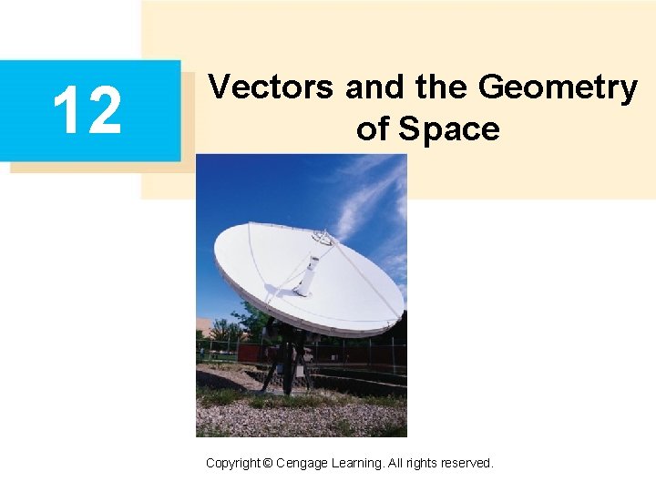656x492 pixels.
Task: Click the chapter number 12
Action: point(87,109)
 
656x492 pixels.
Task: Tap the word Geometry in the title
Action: point(558,89)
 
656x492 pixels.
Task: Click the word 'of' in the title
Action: point(372,129)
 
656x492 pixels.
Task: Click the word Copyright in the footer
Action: point(232,464)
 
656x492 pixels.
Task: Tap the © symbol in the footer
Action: point(267,464)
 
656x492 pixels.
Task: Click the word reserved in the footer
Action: point(466,464)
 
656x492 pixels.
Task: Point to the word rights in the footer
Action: point(420,464)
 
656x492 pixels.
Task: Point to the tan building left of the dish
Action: point(204,329)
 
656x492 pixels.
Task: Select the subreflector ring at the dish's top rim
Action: point(322,236)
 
